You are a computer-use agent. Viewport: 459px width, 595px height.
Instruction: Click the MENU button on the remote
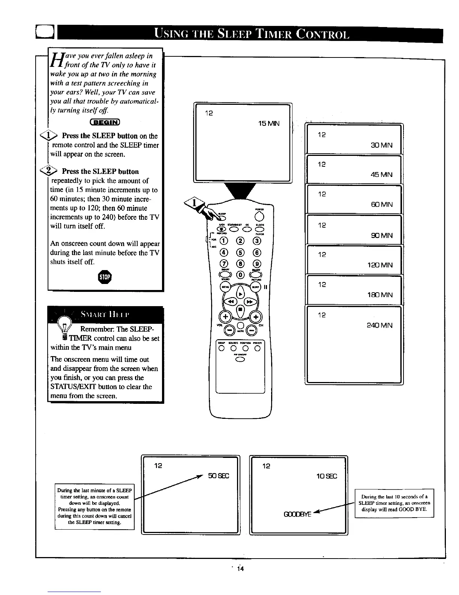pyautogui.click(x=226, y=287)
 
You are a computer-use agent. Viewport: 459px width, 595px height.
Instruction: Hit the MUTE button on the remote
pyautogui.click(x=240, y=325)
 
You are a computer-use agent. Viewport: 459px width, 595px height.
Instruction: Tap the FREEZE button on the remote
pyautogui.click(x=257, y=348)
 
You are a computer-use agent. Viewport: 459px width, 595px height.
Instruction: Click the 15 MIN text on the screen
pyautogui.click(x=269, y=124)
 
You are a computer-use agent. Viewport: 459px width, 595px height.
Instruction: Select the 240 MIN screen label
pyautogui.click(x=379, y=326)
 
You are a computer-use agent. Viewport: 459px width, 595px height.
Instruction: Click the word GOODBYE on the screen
pyautogui.click(x=297, y=514)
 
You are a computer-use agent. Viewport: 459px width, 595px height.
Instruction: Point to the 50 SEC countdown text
pyautogui.click(x=218, y=476)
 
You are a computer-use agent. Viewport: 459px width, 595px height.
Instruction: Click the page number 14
pyautogui.click(x=240, y=569)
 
